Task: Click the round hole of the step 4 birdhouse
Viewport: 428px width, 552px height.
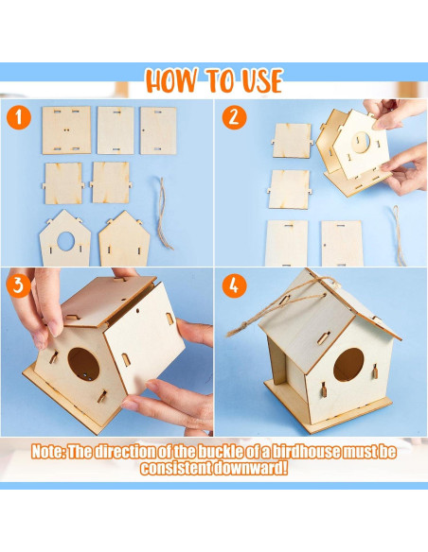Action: coord(348,364)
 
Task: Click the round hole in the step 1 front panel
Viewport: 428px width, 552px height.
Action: coord(65,240)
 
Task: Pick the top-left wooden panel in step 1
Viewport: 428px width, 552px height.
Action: coord(66,129)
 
